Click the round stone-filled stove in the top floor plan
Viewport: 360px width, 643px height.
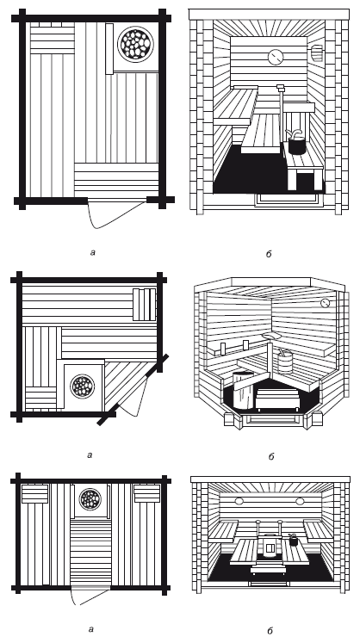click(135, 44)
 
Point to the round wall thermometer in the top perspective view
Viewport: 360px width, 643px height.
click(276, 57)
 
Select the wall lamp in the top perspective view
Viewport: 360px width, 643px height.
click(316, 53)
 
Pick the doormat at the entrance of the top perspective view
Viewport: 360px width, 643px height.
click(288, 199)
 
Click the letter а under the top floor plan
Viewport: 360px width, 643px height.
click(93, 252)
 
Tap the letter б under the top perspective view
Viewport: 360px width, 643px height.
click(269, 254)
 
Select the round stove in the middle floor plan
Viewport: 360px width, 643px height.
click(82, 386)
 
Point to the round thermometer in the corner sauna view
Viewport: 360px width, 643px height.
click(325, 303)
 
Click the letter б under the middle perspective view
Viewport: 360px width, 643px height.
click(271, 456)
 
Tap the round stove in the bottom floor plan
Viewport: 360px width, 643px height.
click(90, 499)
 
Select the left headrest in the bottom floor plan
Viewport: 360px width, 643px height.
click(35, 494)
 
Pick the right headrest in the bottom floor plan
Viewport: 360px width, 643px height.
click(147, 494)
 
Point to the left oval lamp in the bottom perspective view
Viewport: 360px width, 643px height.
click(239, 501)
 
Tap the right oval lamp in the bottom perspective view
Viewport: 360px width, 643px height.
click(300, 501)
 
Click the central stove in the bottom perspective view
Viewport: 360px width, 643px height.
click(270, 547)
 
